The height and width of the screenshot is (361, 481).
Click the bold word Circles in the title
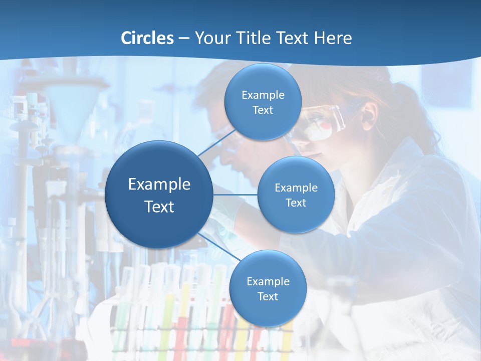(x=147, y=38)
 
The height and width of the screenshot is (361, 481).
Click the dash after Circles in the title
(x=184, y=39)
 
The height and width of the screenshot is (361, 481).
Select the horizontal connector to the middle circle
(x=235, y=195)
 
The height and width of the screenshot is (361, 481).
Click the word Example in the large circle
(x=159, y=184)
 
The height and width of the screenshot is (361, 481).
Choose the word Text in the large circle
(x=159, y=207)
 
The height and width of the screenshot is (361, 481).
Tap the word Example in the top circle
(x=263, y=95)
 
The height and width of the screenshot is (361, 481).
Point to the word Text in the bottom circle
(x=268, y=297)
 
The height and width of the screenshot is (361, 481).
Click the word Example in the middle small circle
(x=296, y=188)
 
